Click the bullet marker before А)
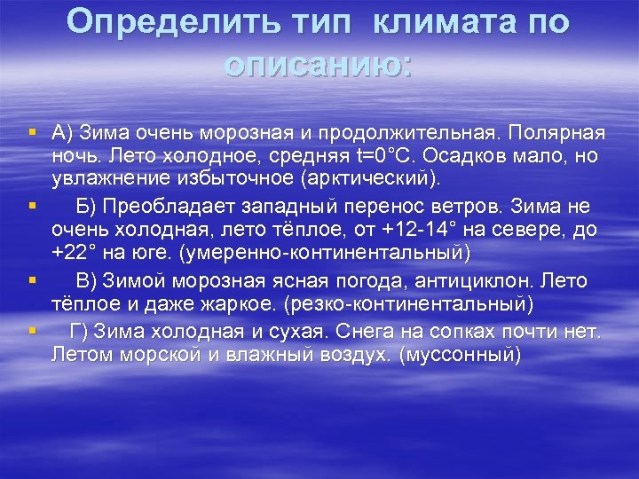(x=32, y=133)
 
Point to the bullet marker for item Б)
(x=32, y=207)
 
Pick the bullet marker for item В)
(x=32, y=281)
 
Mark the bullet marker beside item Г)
(x=32, y=331)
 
